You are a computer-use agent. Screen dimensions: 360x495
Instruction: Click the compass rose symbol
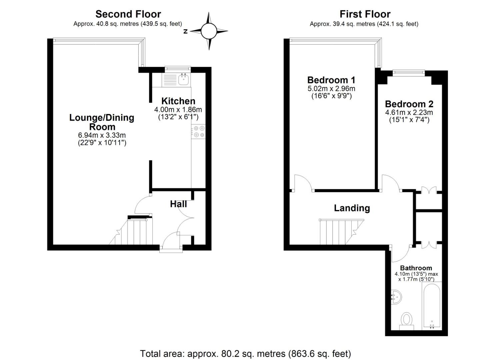[x=209, y=31]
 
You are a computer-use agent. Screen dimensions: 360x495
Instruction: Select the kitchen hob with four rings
[x=199, y=131]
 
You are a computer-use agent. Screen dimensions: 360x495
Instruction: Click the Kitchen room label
[x=178, y=101]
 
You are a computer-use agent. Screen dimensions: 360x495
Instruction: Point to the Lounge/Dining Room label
[x=102, y=122]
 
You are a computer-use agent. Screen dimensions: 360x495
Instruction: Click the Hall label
[x=178, y=204]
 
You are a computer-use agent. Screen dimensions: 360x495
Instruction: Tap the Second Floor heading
[x=128, y=14]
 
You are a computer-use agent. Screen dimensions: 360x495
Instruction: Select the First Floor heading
[x=365, y=14]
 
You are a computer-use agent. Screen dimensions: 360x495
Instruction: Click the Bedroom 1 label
[x=331, y=80]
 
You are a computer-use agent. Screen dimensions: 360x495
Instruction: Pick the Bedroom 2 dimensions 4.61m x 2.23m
[x=409, y=112]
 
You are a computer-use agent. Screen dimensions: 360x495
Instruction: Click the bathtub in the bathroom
[x=432, y=305]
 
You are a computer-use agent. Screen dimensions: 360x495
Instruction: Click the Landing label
[x=352, y=208]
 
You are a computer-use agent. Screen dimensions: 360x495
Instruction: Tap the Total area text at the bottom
[x=245, y=353]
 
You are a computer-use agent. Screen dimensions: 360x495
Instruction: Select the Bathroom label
[x=416, y=268]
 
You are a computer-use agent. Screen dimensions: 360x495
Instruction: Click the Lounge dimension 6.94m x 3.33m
[x=102, y=135]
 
